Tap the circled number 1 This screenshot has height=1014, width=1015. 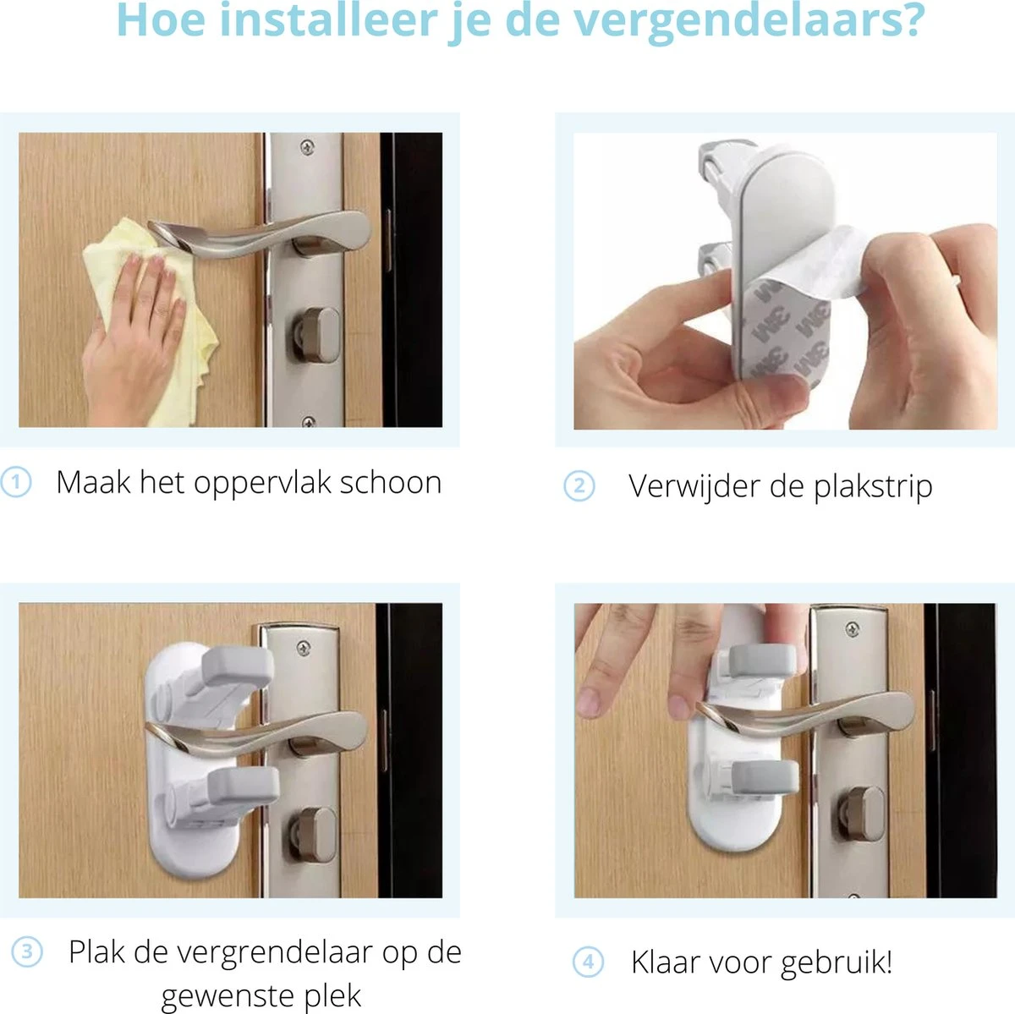16,482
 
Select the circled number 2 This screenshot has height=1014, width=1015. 579,485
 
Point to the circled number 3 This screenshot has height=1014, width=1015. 27,951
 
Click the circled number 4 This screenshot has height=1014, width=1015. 588,962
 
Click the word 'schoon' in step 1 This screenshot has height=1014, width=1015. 390,483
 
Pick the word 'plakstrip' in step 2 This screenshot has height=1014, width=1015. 873,487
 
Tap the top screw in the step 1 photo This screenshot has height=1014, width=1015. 307,147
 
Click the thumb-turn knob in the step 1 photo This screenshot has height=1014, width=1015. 316,335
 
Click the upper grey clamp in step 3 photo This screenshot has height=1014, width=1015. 237,667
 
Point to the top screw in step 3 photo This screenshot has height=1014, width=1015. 304,648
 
